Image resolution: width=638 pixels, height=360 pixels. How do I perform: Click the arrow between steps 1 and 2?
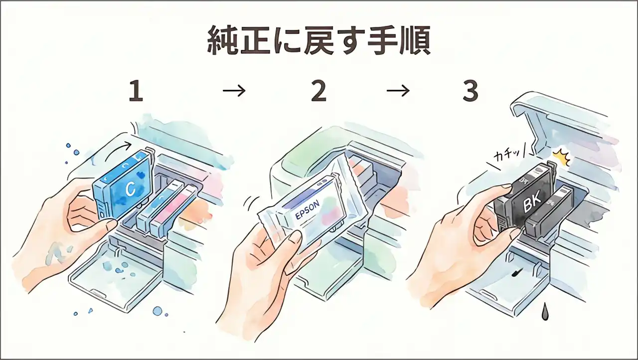234,91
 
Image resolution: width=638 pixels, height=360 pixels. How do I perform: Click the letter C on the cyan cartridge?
131,188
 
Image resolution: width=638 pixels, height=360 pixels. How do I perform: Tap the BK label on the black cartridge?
529,205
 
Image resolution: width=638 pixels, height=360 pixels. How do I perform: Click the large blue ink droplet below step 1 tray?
158,311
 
